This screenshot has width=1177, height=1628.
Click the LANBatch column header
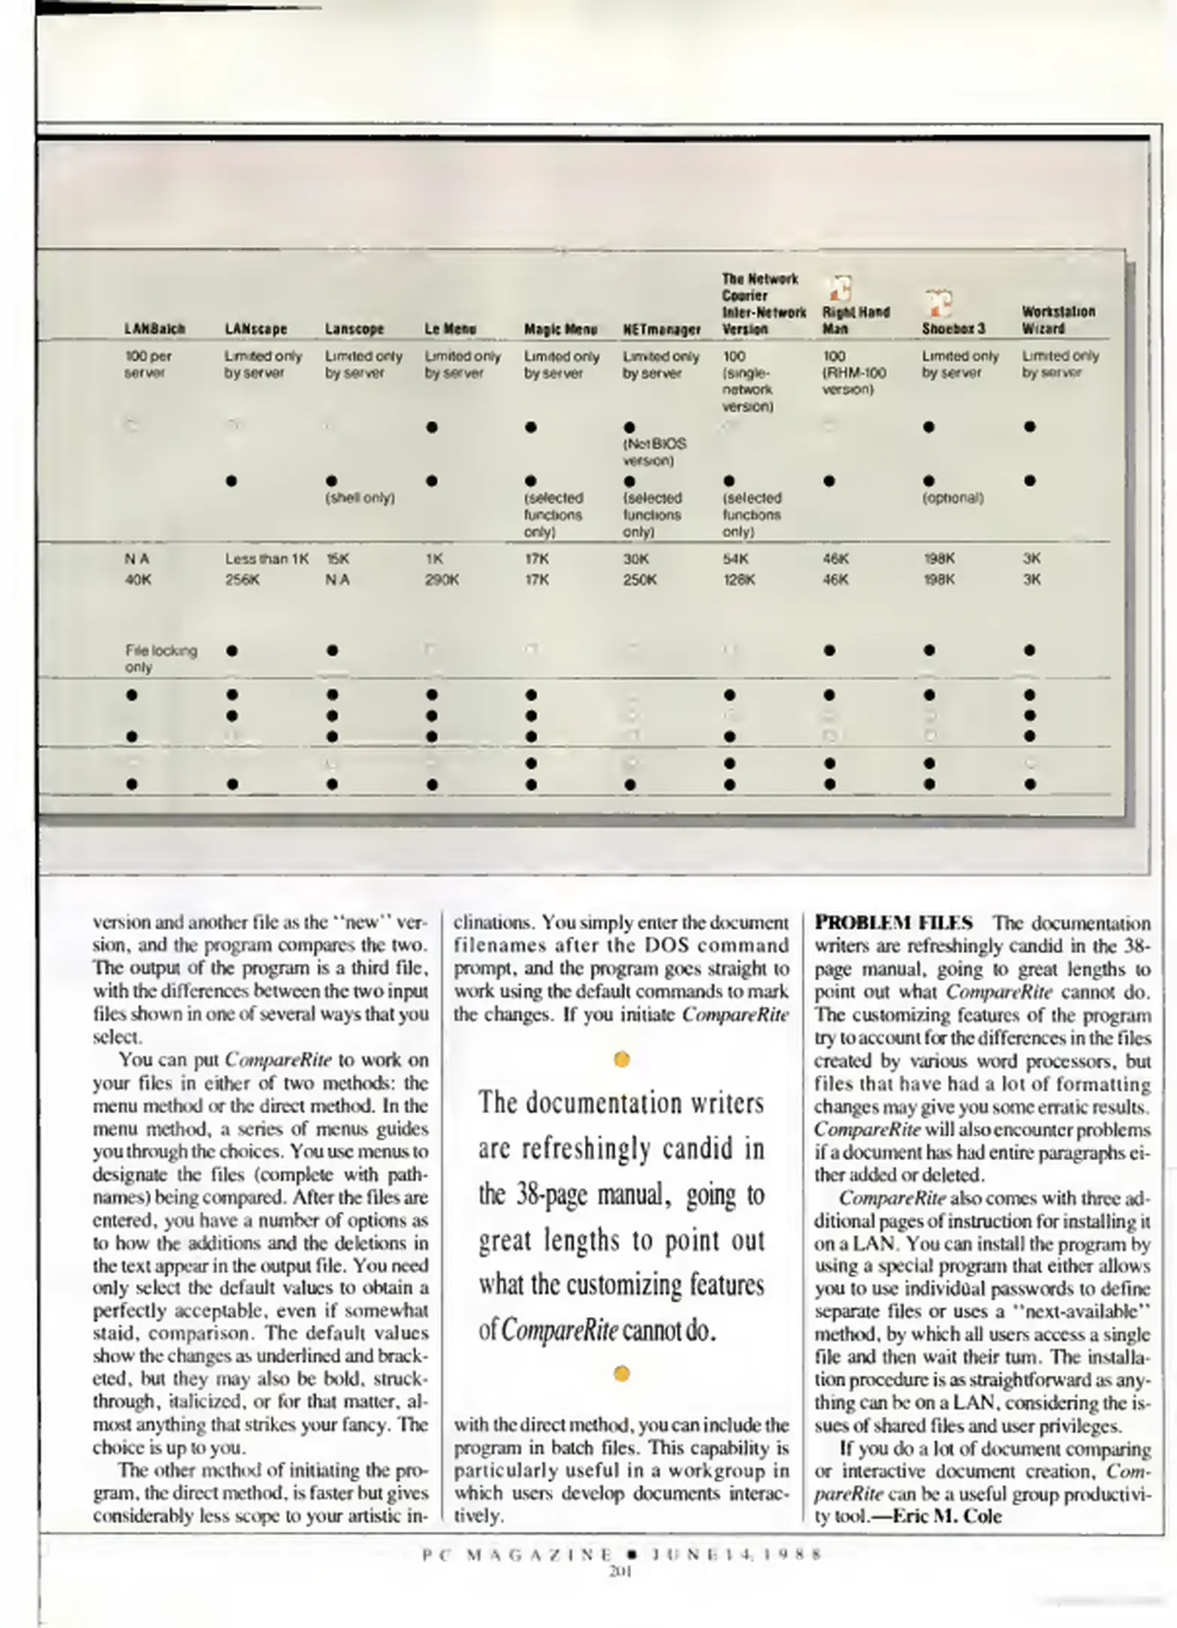(x=155, y=329)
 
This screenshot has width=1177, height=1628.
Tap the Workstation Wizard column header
(x=1048, y=320)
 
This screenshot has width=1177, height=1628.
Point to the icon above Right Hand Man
(x=840, y=288)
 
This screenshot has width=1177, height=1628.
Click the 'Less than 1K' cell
(x=266, y=559)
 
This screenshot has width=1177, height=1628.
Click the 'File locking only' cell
(x=161, y=659)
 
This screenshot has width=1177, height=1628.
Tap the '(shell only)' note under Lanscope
(x=360, y=498)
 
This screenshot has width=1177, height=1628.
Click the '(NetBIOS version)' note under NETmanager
(x=654, y=452)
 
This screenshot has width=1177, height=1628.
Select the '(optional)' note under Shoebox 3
(x=953, y=498)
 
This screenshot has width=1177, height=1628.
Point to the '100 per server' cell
(x=148, y=364)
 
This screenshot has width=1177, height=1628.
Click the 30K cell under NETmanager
(x=636, y=559)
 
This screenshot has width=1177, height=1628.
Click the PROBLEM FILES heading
(x=893, y=923)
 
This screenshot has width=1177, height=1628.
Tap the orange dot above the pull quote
(x=622, y=1060)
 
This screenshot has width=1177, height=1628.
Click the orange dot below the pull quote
(x=622, y=1374)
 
